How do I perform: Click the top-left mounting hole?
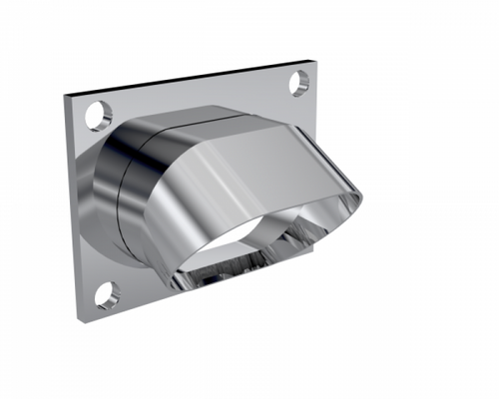click(x=100, y=116)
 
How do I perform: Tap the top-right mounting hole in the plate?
click(x=299, y=83)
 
